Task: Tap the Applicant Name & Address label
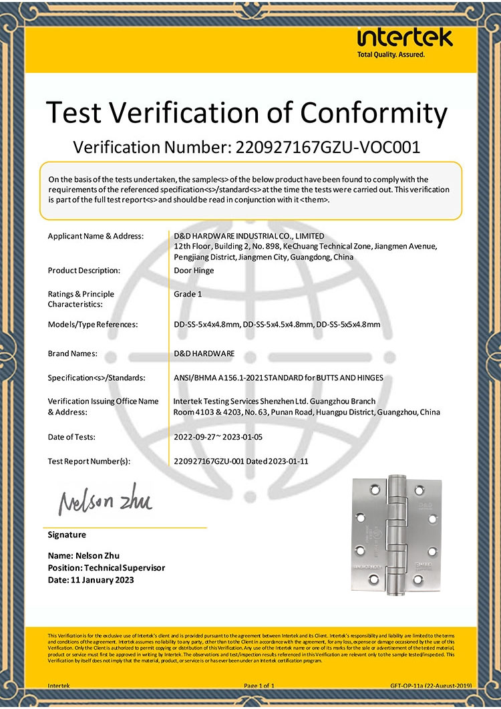point(96,236)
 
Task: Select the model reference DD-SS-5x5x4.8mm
point(348,325)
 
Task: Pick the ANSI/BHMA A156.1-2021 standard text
point(278,378)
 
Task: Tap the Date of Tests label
point(71,437)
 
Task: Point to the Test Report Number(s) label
point(89,461)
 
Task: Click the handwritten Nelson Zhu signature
point(105,500)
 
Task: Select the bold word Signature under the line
point(67,535)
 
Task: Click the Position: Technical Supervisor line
point(106,568)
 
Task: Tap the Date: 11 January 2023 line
point(91,580)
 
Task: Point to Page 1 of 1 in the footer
point(259,686)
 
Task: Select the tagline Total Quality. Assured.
point(391,54)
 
